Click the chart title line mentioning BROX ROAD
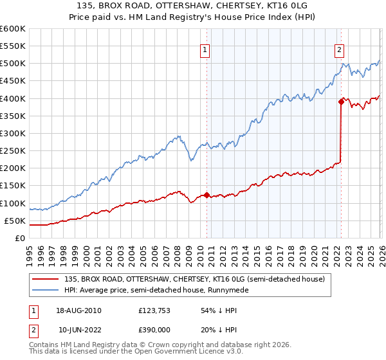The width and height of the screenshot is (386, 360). coord(192,6)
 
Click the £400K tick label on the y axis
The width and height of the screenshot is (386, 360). coord(12,98)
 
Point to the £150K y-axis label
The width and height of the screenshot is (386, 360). coord(12,186)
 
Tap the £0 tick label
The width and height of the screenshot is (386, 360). coord(20,238)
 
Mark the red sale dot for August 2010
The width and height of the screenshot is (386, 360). coord(207,195)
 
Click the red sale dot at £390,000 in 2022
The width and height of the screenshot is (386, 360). coord(340,101)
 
